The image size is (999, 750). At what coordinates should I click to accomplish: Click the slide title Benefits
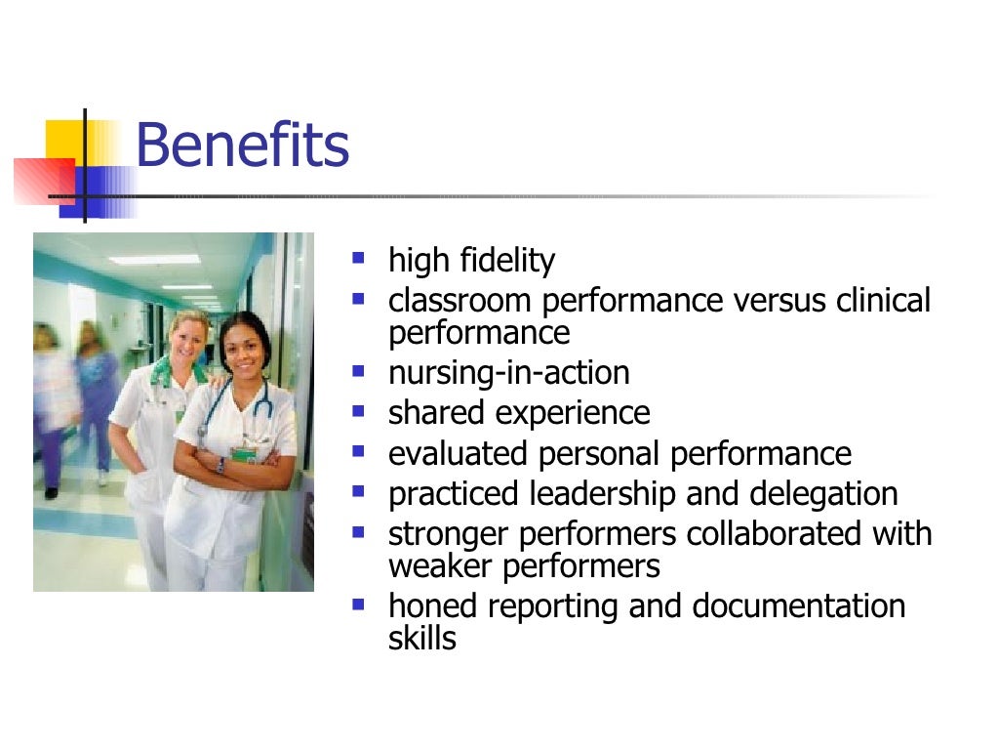(242, 146)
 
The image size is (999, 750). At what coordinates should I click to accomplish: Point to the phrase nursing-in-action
(509, 373)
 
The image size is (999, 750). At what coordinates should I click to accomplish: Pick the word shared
(437, 413)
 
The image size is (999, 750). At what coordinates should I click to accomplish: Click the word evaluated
(457, 454)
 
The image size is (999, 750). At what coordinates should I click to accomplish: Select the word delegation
(823, 494)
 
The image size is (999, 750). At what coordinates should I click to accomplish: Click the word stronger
(450, 535)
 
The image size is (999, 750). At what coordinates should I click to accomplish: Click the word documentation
(799, 606)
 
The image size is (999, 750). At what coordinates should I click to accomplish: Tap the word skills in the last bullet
(422, 639)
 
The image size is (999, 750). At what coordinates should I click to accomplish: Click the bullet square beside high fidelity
(359, 260)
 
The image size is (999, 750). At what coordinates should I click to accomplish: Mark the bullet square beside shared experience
(359, 412)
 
